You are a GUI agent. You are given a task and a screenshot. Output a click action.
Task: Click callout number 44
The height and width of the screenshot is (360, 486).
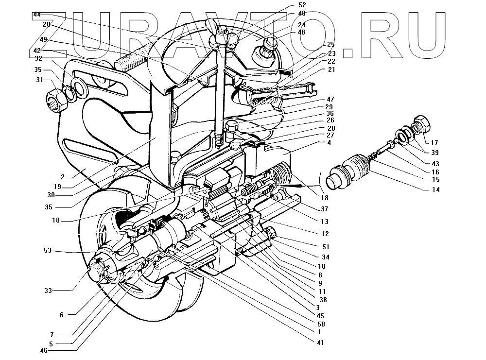pos(37,15)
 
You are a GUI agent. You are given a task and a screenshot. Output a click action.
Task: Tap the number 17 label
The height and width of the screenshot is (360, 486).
pos(434,143)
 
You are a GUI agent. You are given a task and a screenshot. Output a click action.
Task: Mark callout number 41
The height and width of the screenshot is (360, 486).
pos(320,343)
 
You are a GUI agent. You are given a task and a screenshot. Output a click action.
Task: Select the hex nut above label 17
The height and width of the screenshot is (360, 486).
pos(420,124)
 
